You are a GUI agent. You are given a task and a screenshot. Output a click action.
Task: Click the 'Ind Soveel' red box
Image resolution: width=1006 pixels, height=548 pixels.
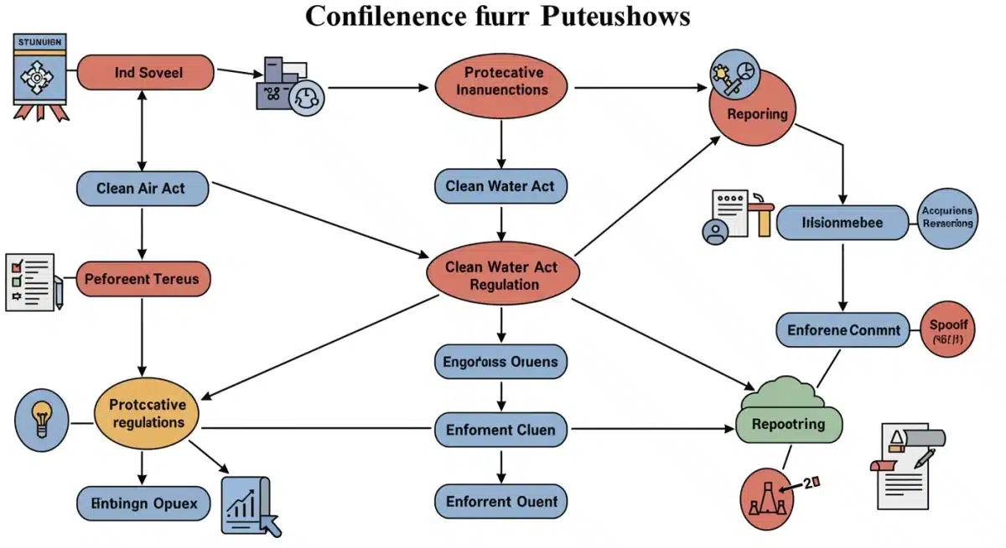[147, 73]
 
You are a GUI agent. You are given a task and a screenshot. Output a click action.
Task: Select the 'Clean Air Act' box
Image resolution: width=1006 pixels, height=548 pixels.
[142, 189]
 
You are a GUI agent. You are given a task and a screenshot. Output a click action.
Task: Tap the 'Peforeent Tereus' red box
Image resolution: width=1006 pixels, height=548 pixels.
[143, 278]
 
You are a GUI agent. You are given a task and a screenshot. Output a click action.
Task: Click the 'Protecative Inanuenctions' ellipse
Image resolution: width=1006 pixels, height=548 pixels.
[501, 81]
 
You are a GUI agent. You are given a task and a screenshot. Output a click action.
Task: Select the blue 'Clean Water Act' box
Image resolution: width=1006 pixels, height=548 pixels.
[500, 186]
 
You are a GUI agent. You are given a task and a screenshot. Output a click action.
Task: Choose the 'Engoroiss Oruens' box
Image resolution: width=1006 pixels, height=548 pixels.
[501, 362]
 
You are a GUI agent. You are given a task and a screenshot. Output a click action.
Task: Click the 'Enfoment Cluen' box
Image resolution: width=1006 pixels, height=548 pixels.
[501, 430]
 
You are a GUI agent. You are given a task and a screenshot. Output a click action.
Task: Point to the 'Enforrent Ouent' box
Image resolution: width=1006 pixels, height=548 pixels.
[501, 502]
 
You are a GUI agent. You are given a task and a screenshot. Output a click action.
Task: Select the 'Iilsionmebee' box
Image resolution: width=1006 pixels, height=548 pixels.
[842, 223]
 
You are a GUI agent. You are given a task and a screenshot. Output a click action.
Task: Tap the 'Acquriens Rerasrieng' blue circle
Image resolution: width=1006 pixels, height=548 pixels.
[947, 218]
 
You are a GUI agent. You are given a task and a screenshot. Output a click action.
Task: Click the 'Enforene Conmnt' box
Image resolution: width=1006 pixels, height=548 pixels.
[843, 330]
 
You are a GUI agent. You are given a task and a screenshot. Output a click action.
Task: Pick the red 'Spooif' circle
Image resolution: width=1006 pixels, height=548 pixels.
[949, 329]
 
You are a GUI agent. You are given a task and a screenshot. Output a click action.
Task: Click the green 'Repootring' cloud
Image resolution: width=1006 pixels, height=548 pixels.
[788, 415]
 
